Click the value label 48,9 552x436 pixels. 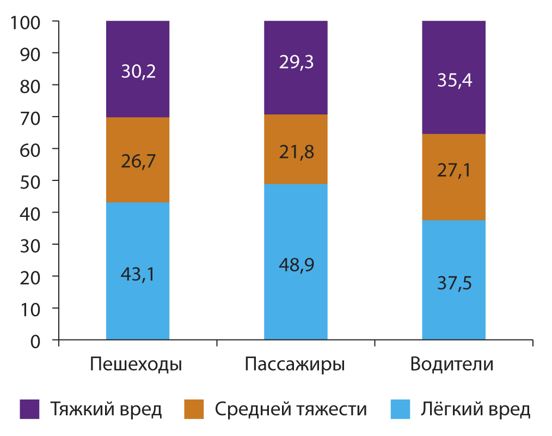(296, 265)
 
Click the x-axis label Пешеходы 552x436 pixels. (136, 364)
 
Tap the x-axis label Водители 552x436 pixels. (452, 364)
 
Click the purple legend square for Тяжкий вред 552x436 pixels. (29, 409)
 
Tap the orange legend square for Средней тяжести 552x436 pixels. (194, 409)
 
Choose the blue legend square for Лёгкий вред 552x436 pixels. (400, 409)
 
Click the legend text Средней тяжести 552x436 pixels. (291, 409)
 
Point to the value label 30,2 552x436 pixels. (138, 72)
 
